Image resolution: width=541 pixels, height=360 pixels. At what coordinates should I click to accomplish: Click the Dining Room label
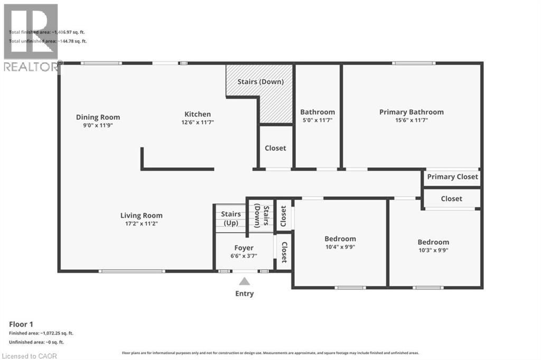pos(98,117)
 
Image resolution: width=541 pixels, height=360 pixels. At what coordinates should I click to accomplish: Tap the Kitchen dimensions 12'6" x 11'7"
pos(198,122)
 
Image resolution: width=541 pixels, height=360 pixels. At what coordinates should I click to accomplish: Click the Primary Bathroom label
pos(411,112)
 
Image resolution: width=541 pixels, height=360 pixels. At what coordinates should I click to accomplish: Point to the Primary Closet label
pos(452,177)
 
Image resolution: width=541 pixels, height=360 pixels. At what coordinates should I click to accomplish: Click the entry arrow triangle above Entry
pos(244,281)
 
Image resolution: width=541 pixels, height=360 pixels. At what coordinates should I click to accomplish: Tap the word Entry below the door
pos(244,293)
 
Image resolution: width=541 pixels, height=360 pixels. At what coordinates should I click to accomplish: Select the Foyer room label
pos(244,248)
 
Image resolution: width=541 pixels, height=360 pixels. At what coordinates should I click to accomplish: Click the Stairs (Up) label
pos(231,219)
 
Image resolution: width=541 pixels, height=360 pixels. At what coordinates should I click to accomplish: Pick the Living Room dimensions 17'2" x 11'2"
pos(141,224)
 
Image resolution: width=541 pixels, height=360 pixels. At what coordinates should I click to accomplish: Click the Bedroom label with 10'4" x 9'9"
pos(340,239)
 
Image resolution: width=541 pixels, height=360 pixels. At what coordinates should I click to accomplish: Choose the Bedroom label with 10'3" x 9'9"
pos(433,242)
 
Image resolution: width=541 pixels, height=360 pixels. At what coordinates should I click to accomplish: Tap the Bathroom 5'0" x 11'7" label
pos(318,112)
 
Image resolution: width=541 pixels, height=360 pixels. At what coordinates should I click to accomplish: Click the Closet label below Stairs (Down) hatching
pos(275,148)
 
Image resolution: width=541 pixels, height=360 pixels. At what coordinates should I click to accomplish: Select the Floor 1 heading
pos(21,324)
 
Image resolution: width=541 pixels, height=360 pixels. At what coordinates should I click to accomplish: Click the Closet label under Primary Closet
pos(451,198)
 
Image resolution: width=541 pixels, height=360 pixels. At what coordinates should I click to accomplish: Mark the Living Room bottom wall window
pos(132,271)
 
